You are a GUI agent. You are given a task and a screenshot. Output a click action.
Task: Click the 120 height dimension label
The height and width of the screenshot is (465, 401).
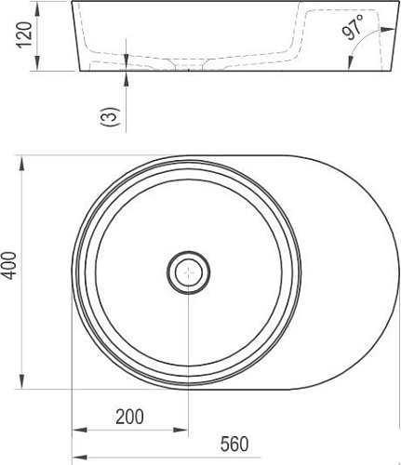pos(25,34)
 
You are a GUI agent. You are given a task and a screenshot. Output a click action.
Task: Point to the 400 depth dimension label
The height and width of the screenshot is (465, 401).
pos(10,265)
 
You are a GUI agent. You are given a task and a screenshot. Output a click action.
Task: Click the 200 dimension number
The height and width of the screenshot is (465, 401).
pos(129,417)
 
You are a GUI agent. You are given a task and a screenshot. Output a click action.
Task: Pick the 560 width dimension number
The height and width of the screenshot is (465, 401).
pos(234,444)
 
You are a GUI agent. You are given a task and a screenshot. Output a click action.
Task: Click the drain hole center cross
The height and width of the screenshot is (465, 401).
pos(188,272)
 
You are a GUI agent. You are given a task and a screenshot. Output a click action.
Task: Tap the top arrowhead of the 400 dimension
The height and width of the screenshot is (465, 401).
pos(21,163)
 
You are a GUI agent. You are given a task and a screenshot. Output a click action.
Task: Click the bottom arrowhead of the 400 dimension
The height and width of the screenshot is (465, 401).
pos(21,381)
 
